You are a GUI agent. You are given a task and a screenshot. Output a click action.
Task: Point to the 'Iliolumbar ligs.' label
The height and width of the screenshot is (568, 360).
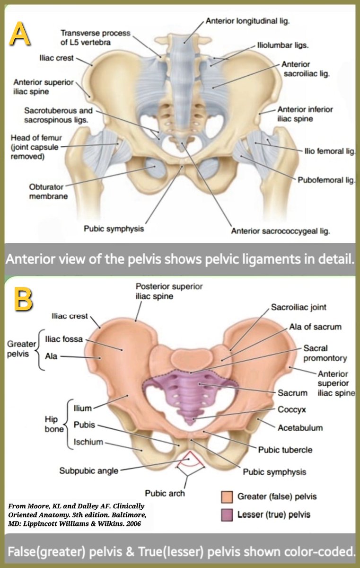(283, 46)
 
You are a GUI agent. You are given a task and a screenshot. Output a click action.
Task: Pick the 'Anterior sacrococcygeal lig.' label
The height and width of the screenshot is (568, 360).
(280, 231)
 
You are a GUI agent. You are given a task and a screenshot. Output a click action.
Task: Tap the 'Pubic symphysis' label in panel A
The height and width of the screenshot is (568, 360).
(114, 229)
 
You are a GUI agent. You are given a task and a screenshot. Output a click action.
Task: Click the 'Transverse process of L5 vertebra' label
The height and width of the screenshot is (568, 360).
(94, 38)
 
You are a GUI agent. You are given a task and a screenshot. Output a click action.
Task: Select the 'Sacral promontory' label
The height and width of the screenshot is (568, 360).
(325, 353)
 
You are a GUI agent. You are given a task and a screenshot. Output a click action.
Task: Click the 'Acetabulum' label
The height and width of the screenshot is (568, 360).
(300, 428)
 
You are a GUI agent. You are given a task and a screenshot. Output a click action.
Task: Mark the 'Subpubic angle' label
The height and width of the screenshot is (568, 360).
(88, 470)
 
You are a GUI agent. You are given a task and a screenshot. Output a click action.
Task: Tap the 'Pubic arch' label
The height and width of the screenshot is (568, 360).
(165, 493)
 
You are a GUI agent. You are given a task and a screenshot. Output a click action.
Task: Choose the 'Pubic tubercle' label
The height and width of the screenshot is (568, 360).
(285, 449)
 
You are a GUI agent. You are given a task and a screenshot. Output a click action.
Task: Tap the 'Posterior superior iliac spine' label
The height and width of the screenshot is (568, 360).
(169, 291)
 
